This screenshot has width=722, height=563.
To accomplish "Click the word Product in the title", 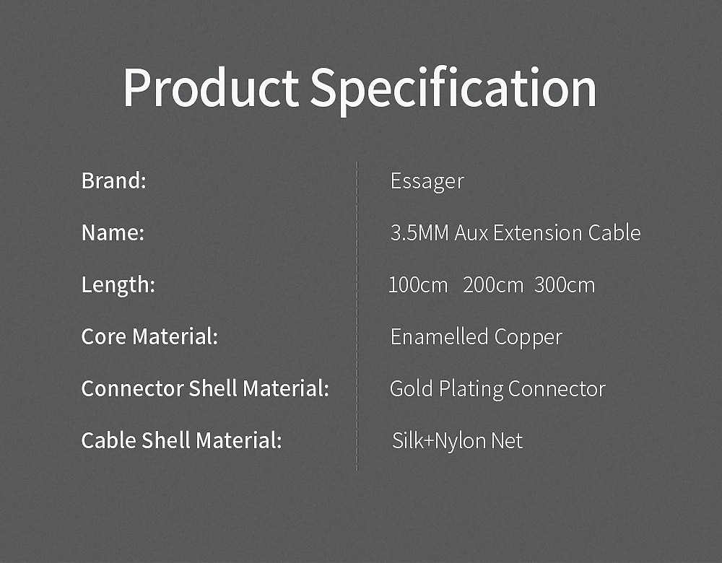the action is [211, 87].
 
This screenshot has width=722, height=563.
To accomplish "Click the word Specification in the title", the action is [453, 90].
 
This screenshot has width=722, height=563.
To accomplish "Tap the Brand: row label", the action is [114, 180].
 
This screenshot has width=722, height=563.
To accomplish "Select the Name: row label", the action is [113, 232].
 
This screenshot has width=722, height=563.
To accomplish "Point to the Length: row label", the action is [118, 285].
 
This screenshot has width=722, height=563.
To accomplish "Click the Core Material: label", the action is [149, 336].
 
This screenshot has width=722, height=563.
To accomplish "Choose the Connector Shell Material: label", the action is [205, 388].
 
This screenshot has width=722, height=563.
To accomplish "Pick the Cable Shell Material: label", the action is [181, 440].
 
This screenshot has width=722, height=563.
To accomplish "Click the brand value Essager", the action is [427, 182].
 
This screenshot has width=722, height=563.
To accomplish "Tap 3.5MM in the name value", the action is [419, 233].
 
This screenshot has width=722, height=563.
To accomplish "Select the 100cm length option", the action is [418, 285].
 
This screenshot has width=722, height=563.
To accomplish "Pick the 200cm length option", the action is [493, 285].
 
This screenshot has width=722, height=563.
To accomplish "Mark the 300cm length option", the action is [565, 285].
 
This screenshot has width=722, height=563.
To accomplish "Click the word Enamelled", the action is [439, 336].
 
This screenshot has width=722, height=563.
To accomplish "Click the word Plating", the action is [471, 390].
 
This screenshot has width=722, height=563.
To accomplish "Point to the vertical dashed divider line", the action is [357, 316].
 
